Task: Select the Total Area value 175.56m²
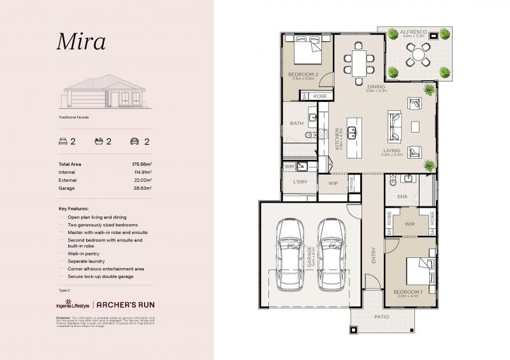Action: pyautogui.click(x=140, y=164)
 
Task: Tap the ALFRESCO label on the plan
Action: pyautogui.click(x=418, y=31)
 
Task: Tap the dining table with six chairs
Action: pyautogui.click(x=360, y=62)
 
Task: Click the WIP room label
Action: pyautogui.click(x=333, y=183)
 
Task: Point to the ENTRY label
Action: pyautogui.click(x=374, y=256)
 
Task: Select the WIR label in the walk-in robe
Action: pyautogui.click(x=410, y=224)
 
